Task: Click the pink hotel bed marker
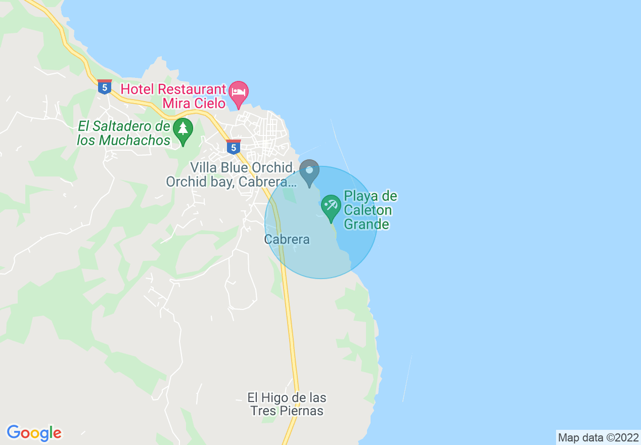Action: click(x=239, y=93)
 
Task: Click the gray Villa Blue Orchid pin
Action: click(x=309, y=171)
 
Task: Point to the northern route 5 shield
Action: click(x=105, y=87)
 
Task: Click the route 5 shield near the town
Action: click(x=233, y=147)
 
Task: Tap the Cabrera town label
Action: click(x=287, y=240)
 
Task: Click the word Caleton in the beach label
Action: click(x=368, y=210)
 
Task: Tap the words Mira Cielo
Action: click(x=193, y=104)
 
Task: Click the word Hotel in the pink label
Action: click(x=138, y=90)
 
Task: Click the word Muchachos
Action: click(x=135, y=140)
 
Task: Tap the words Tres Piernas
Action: click(x=287, y=411)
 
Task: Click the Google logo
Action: click(x=34, y=433)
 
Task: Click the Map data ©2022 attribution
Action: click(x=598, y=438)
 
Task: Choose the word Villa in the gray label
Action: click(x=204, y=167)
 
